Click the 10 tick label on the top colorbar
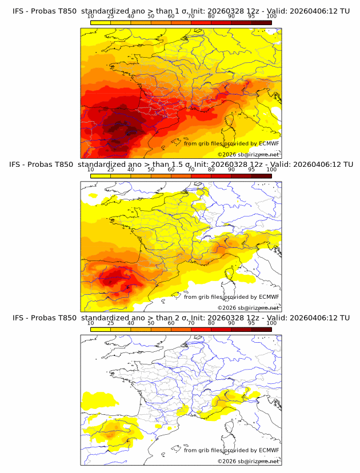coord(91,16)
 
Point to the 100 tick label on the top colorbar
coord(271,16)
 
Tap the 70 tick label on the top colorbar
coord(191,16)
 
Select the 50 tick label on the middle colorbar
coord(151,169)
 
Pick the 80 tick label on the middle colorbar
coord(211,169)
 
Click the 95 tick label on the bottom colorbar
coord(251,323)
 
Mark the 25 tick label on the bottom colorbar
coord(111,323)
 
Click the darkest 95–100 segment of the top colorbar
coord(261,22)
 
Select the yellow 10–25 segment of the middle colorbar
coord(101,176)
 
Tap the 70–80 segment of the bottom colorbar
coord(201,330)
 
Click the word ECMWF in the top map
coord(269,143)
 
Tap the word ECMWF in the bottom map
coord(269,450)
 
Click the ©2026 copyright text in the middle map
coord(227,308)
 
